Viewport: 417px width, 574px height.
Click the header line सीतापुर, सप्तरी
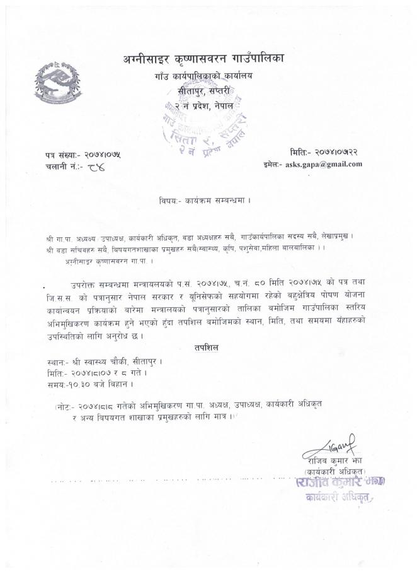(204, 92)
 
